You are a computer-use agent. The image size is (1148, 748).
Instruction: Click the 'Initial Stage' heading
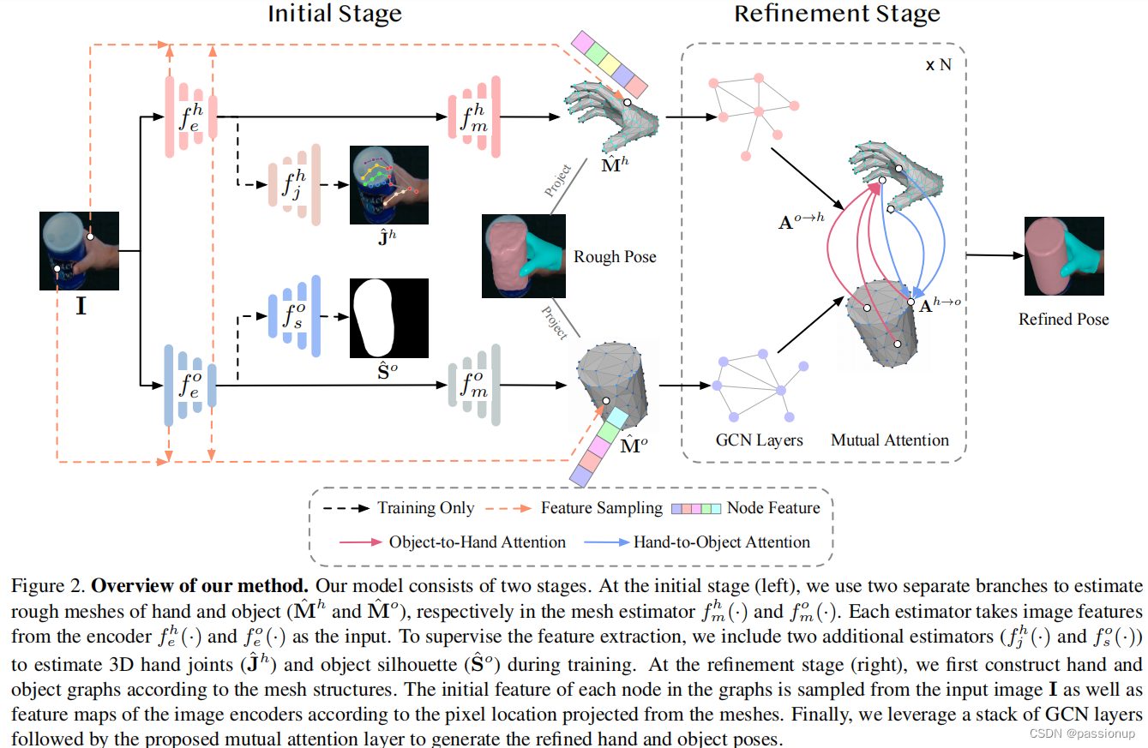click(x=334, y=14)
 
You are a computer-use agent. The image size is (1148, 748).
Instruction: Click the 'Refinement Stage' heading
click(x=837, y=14)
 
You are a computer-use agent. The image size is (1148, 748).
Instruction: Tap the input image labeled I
click(x=80, y=251)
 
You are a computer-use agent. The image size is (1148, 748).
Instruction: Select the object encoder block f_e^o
click(x=189, y=385)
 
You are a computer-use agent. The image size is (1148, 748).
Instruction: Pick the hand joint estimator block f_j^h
click(x=294, y=185)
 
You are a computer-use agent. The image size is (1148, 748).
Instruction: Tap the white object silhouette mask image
click(x=388, y=318)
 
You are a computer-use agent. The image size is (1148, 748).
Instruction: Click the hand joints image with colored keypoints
click(x=388, y=187)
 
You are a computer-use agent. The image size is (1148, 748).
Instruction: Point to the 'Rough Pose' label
click(x=615, y=256)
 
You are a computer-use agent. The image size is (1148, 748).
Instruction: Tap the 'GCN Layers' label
click(x=759, y=440)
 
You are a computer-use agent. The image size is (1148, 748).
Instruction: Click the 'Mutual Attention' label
click(x=890, y=440)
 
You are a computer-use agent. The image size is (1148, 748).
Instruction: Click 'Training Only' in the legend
click(x=425, y=508)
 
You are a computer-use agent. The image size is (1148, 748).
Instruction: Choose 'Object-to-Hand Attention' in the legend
click(x=477, y=542)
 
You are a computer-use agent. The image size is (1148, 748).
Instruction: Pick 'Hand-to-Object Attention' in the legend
click(x=721, y=542)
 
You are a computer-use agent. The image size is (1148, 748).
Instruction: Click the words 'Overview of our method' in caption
click(x=200, y=587)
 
